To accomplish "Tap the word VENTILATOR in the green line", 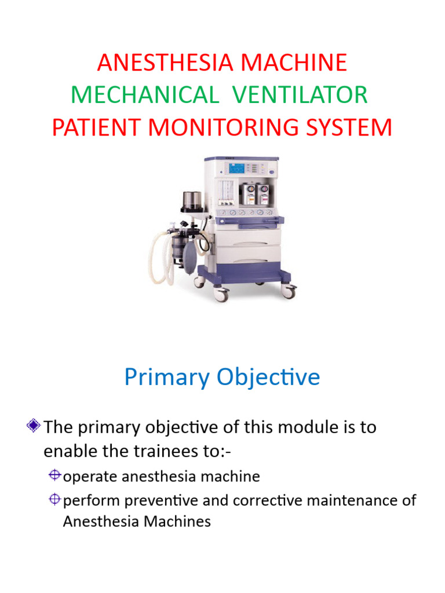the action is pyautogui.click(x=300, y=94).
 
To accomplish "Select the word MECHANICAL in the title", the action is pyautogui.click(x=145, y=94).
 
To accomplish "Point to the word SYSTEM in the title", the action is pyautogui.click(x=349, y=127).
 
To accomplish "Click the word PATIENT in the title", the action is pyautogui.click(x=96, y=127).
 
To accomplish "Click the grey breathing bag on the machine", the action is pyautogui.click(x=189, y=258).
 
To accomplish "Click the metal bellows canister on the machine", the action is pyautogui.click(x=192, y=201).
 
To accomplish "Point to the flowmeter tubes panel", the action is pyautogui.click(x=227, y=193).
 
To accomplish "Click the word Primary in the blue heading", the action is pyautogui.click(x=167, y=378).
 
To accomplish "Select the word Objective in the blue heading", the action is pyautogui.click(x=268, y=378).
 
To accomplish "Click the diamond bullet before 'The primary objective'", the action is pyautogui.click(x=34, y=426).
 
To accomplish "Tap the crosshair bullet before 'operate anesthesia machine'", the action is pyautogui.click(x=55, y=475).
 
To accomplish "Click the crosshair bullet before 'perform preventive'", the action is pyautogui.click(x=55, y=499).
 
